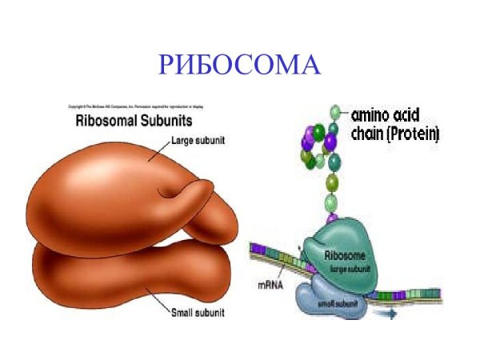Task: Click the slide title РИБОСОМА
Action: pos(240,63)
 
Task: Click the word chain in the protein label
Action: pos(367,134)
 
